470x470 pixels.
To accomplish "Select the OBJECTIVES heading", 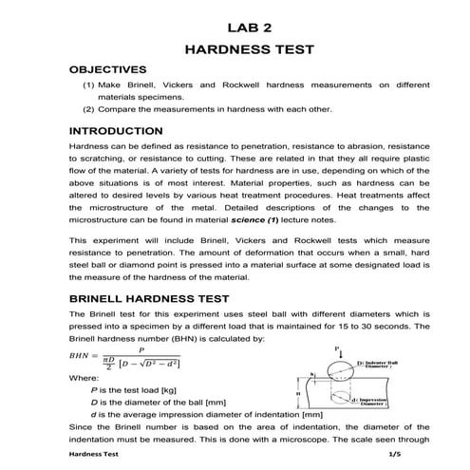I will [108, 69].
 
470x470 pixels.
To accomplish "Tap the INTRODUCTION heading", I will [116, 131].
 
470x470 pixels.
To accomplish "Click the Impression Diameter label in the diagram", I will [385, 404].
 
